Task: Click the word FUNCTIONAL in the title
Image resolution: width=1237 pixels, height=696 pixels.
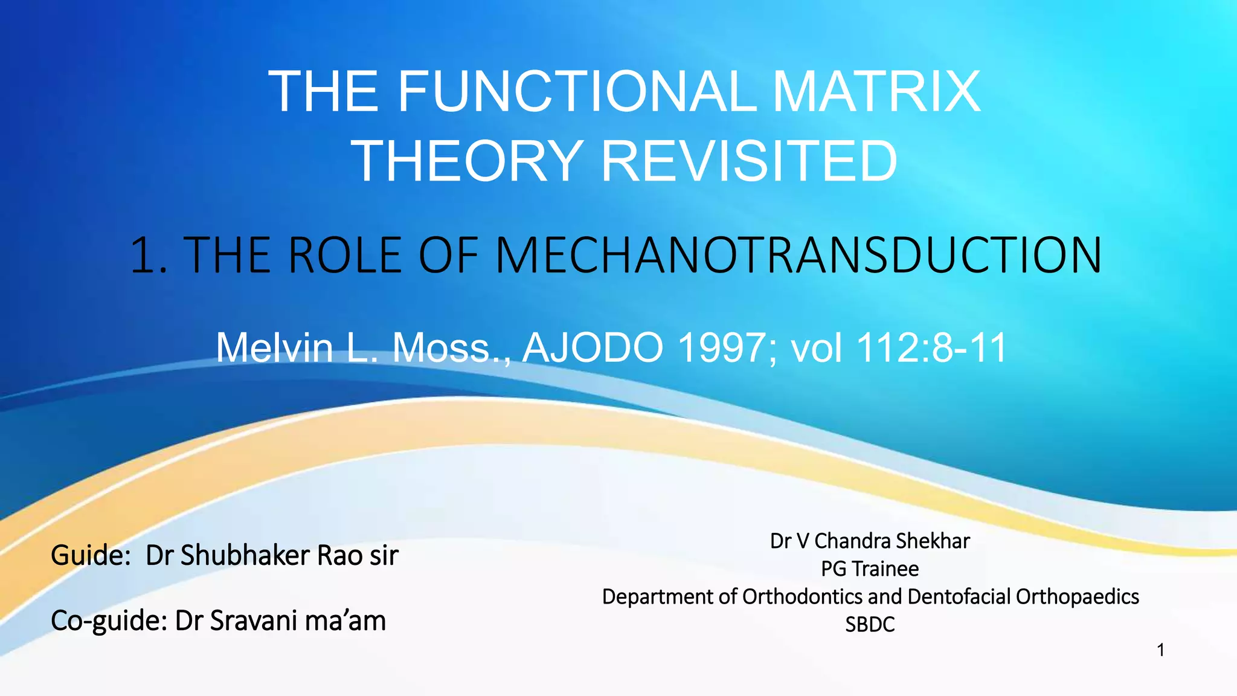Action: click(576, 92)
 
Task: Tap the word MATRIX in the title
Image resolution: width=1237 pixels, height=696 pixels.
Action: click(876, 92)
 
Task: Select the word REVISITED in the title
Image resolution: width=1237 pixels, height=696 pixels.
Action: click(749, 161)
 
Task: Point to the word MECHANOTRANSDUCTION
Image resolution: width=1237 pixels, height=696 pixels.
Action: click(798, 256)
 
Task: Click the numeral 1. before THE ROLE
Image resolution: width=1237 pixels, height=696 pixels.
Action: click(149, 256)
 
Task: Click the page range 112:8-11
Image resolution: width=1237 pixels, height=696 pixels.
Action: click(931, 348)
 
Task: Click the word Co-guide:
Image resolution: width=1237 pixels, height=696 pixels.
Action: click(109, 621)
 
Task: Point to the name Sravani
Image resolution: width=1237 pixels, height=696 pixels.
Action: click(253, 621)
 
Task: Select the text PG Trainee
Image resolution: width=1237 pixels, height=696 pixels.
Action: click(870, 569)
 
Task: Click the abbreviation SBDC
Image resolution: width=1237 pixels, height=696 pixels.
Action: click(870, 625)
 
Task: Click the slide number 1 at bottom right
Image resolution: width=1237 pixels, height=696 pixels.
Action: click(1160, 651)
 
